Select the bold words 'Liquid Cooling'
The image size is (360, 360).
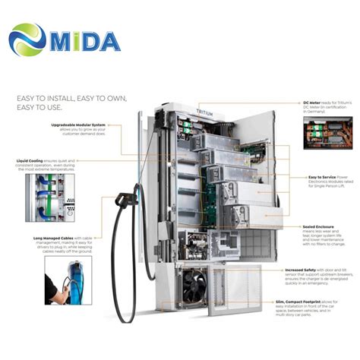click(x=31, y=161)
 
